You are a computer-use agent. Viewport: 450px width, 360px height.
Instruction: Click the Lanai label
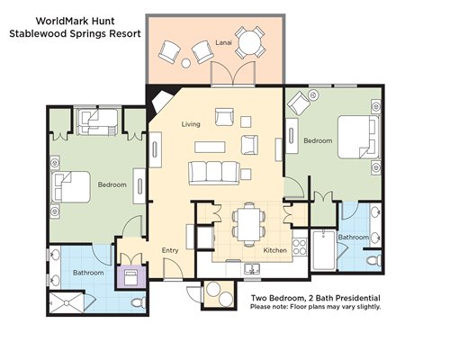tap(223, 42)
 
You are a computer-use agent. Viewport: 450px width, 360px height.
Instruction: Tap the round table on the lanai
tap(250, 42)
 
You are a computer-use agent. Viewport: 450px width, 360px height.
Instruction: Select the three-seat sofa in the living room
tap(214, 173)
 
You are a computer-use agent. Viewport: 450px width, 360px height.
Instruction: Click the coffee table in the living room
tap(210, 147)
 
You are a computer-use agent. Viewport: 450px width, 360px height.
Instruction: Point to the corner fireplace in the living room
tap(161, 102)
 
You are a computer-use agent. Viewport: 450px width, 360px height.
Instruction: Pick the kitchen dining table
tap(249, 224)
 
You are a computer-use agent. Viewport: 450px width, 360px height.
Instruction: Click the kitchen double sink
tap(252, 269)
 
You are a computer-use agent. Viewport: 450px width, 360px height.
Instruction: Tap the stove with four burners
tap(300, 247)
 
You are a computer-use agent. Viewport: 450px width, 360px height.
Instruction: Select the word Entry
tap(170, 250)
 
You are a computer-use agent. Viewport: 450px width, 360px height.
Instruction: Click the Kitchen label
tap(274, 250)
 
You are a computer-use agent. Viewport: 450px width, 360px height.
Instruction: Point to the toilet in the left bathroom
tap(139, 302)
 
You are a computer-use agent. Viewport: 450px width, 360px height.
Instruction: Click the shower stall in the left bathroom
tap(67, 302)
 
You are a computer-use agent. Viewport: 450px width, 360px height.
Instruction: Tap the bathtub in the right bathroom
tap(323, 250)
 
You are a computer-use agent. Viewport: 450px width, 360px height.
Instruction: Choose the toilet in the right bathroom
tap(374, 260)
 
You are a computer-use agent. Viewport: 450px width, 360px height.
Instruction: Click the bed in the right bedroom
tap(359, 137)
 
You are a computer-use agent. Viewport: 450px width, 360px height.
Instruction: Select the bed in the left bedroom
tap(71, 187)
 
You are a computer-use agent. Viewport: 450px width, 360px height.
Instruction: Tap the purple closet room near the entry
tap(131, 277)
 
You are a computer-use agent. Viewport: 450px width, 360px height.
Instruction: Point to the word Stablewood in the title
tap(38, 33)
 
